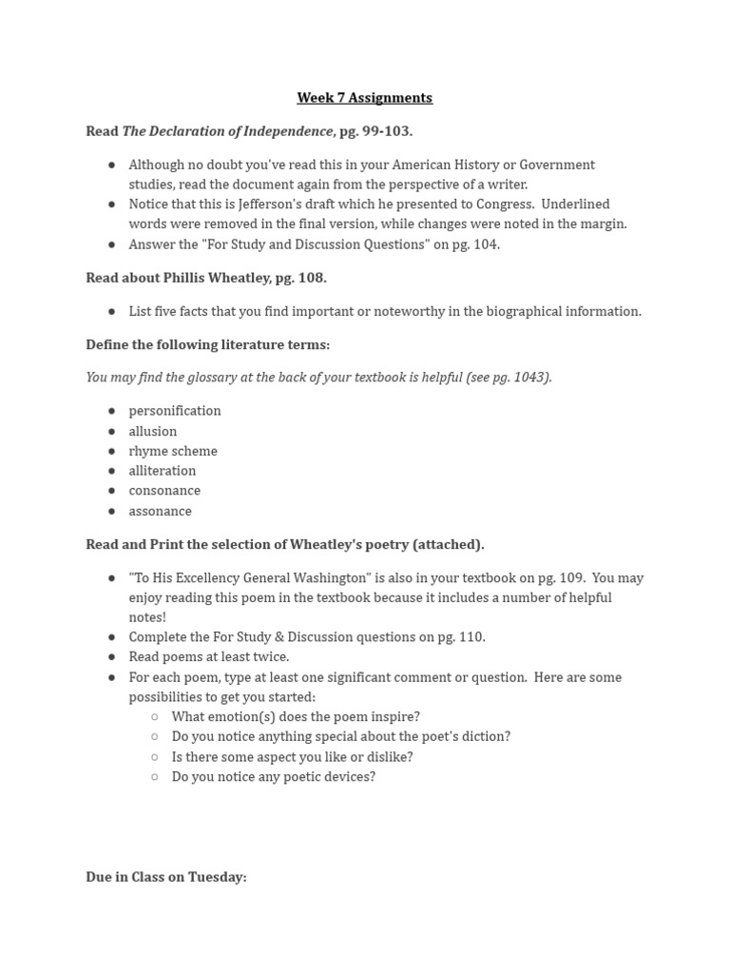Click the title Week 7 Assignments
click(364, 98)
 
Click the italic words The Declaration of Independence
click(227, 131)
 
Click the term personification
click(175, 411)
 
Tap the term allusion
click(153, 432)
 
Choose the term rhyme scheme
click(173, 452)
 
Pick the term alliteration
click(163, 471)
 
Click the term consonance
click(164, 491)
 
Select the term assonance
click(161, 512)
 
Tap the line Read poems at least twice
click(209, 657)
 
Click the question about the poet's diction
click(340, 737)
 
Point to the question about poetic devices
click(273, 777)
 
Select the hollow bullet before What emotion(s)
click(155, 717)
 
